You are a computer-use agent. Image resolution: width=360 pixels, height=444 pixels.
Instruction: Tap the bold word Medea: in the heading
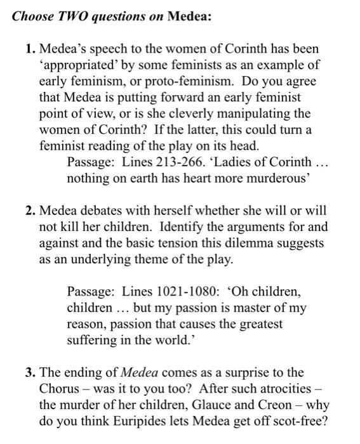[189, 16]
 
